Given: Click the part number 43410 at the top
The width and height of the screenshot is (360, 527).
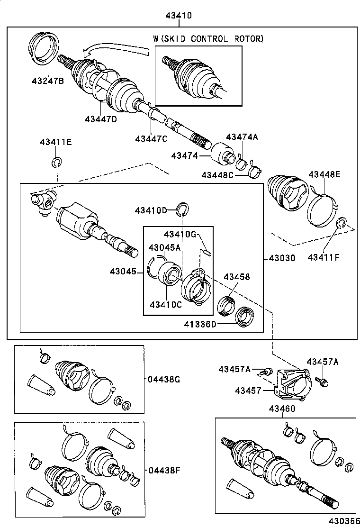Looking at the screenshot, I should coord(179,16).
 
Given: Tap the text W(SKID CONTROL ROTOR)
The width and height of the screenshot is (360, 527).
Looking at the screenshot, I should coord(207,39).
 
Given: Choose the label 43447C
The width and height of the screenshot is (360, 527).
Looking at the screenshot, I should coord(151,138).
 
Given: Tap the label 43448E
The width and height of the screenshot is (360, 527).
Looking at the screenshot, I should coord(324,174).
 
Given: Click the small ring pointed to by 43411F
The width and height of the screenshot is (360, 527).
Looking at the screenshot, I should coord(340,223).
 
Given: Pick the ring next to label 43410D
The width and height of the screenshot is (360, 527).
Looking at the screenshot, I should coord(183,208).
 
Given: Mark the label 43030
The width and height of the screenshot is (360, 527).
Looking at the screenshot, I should coord(282,258).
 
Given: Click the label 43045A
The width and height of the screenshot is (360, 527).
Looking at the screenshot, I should coord(164,247).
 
